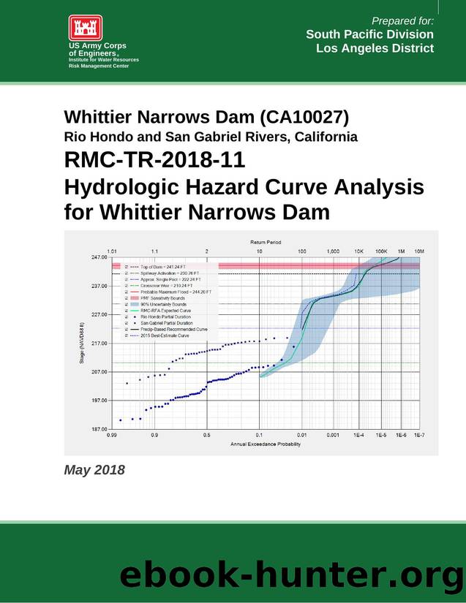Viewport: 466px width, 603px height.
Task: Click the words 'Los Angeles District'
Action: click(375, 48)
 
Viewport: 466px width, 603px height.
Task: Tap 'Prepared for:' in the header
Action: click(402, 20)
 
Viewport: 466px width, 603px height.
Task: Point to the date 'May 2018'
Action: click(94, 469)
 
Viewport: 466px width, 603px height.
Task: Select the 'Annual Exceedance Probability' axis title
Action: click(265, 444)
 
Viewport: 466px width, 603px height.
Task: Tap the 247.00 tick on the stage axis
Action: click(99, 257)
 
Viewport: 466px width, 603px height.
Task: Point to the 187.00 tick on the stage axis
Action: click(99, 429)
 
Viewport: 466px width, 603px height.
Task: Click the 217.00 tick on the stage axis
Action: click(99, 343)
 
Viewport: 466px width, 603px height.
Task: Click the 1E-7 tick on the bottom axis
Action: click(418, 435)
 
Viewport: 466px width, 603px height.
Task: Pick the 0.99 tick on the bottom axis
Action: click(112, 435)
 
